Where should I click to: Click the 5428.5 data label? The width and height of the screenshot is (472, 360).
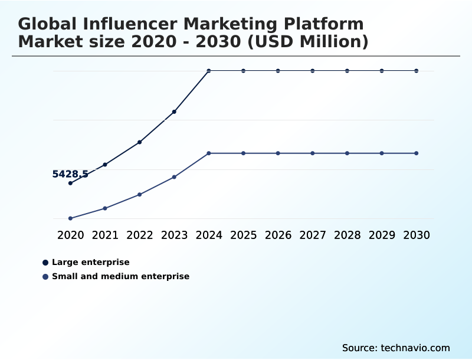[x=70, y=174]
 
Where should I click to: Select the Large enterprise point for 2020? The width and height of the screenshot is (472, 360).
[x=70, y=183]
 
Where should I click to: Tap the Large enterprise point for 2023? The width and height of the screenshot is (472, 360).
[x=174, y=112]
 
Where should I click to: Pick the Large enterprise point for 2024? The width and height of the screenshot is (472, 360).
[x=209, y=71]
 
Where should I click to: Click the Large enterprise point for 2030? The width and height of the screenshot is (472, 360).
[x=417, y=71]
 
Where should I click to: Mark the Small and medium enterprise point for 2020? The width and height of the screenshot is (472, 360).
[x=70, y=218]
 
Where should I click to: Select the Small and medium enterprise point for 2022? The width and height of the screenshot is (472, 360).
[x=140, y=194]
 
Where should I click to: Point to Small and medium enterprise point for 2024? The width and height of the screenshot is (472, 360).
[x=209, y=153]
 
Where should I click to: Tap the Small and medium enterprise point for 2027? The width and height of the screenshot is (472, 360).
[x=313, y=153]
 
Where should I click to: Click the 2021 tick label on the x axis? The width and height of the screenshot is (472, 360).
[x=105, y=235]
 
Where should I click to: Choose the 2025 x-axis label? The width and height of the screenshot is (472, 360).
[x=244, y=235]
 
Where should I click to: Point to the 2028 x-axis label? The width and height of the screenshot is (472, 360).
[x=348, y=235]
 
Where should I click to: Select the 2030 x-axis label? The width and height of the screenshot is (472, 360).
[x=417, y=235]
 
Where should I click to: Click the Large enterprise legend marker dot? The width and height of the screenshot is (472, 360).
[x=45, y=262]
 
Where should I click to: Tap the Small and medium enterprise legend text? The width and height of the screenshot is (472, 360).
[x=120, y=276]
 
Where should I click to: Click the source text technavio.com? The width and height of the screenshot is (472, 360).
[x=415, y=348]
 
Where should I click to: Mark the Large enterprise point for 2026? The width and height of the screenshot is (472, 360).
[x=278, y=71]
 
